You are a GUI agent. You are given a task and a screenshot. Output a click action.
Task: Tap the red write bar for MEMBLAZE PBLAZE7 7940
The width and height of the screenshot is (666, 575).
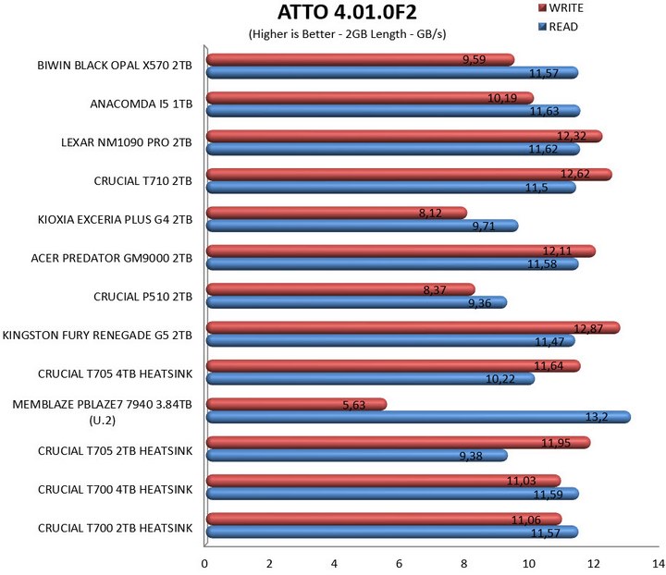click(x=296, y=404)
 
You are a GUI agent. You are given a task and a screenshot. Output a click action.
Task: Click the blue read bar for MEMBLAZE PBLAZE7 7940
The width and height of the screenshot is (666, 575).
click(x=416, y=417)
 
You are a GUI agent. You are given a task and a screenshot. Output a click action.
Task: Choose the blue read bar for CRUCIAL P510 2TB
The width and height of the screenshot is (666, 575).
click(x=355, y=301)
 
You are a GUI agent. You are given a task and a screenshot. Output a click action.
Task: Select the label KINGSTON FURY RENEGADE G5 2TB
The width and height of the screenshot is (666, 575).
click(x=98, y=334)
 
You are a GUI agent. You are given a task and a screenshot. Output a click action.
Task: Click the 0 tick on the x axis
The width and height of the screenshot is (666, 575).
click(x=204, y=562)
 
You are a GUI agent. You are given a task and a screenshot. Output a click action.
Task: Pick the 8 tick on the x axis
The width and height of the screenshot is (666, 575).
click(x=463, y=562)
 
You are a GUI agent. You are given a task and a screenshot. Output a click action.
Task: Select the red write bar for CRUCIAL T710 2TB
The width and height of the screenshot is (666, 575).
click(x=407, y=175)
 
